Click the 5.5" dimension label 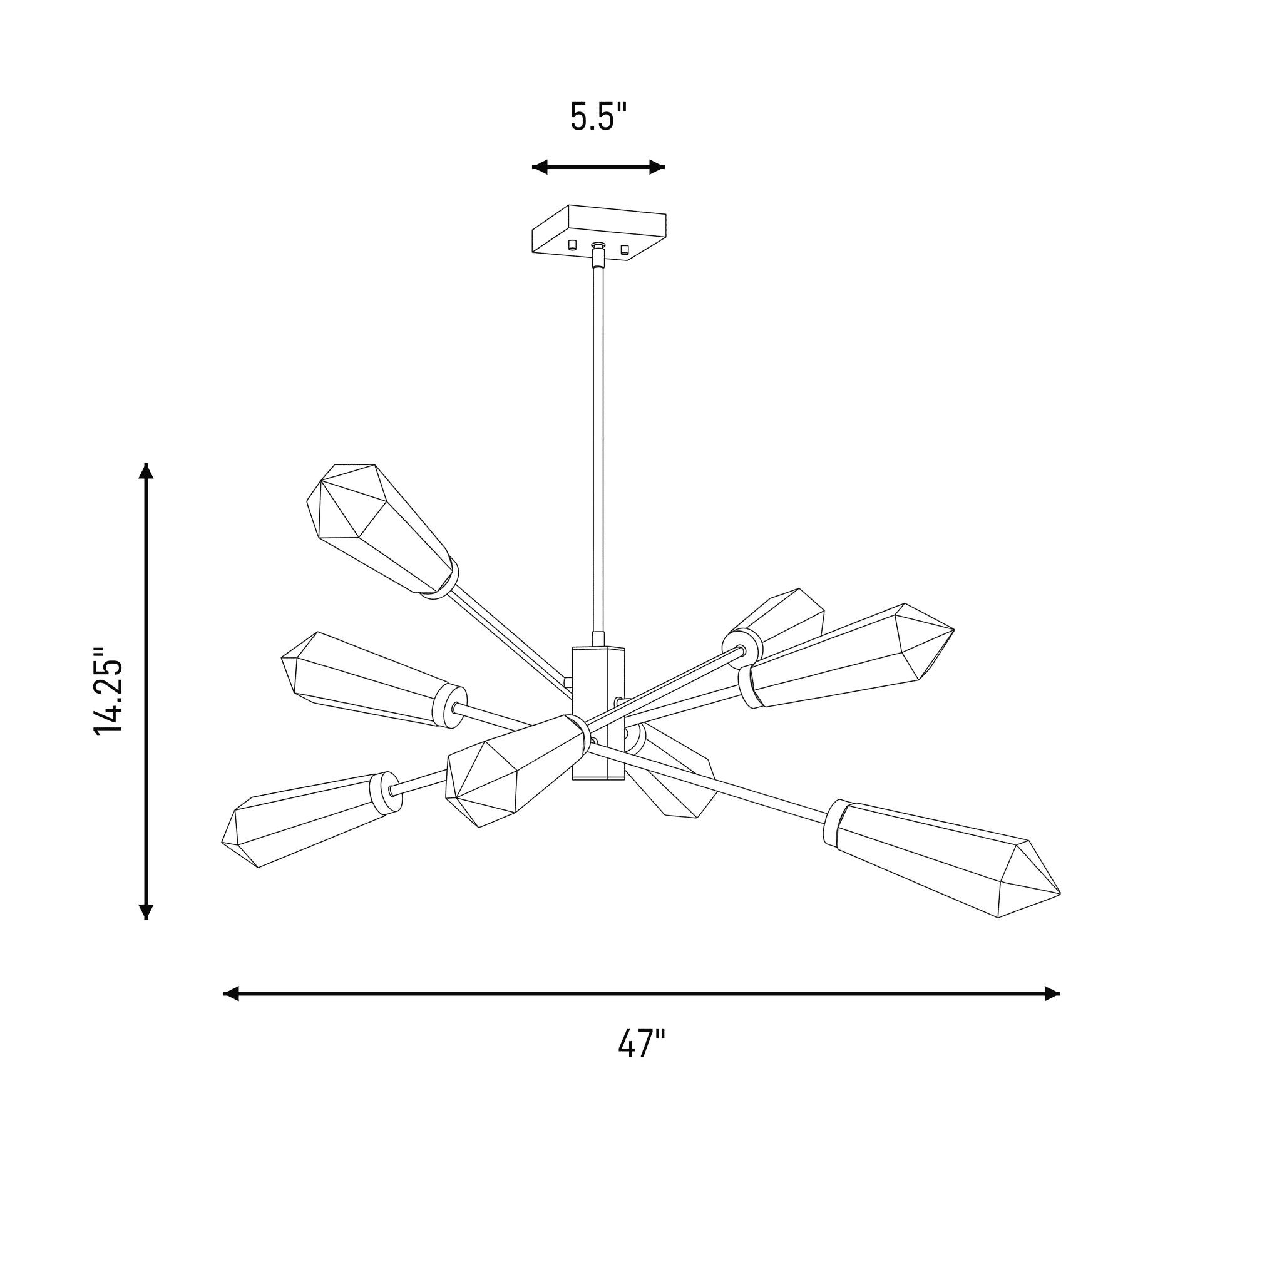pyautogui.click(x=598, y=116)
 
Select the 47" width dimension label pyautogui.click(x=641, y=1044)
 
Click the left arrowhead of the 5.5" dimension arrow pyautogui.click(x=540, y=167)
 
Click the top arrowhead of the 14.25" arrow pyautogui.click(x=146, y=471)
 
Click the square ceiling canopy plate pyautogui.click(x=599, y=232)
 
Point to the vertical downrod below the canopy pyautogui.click(x=598, y=444)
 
